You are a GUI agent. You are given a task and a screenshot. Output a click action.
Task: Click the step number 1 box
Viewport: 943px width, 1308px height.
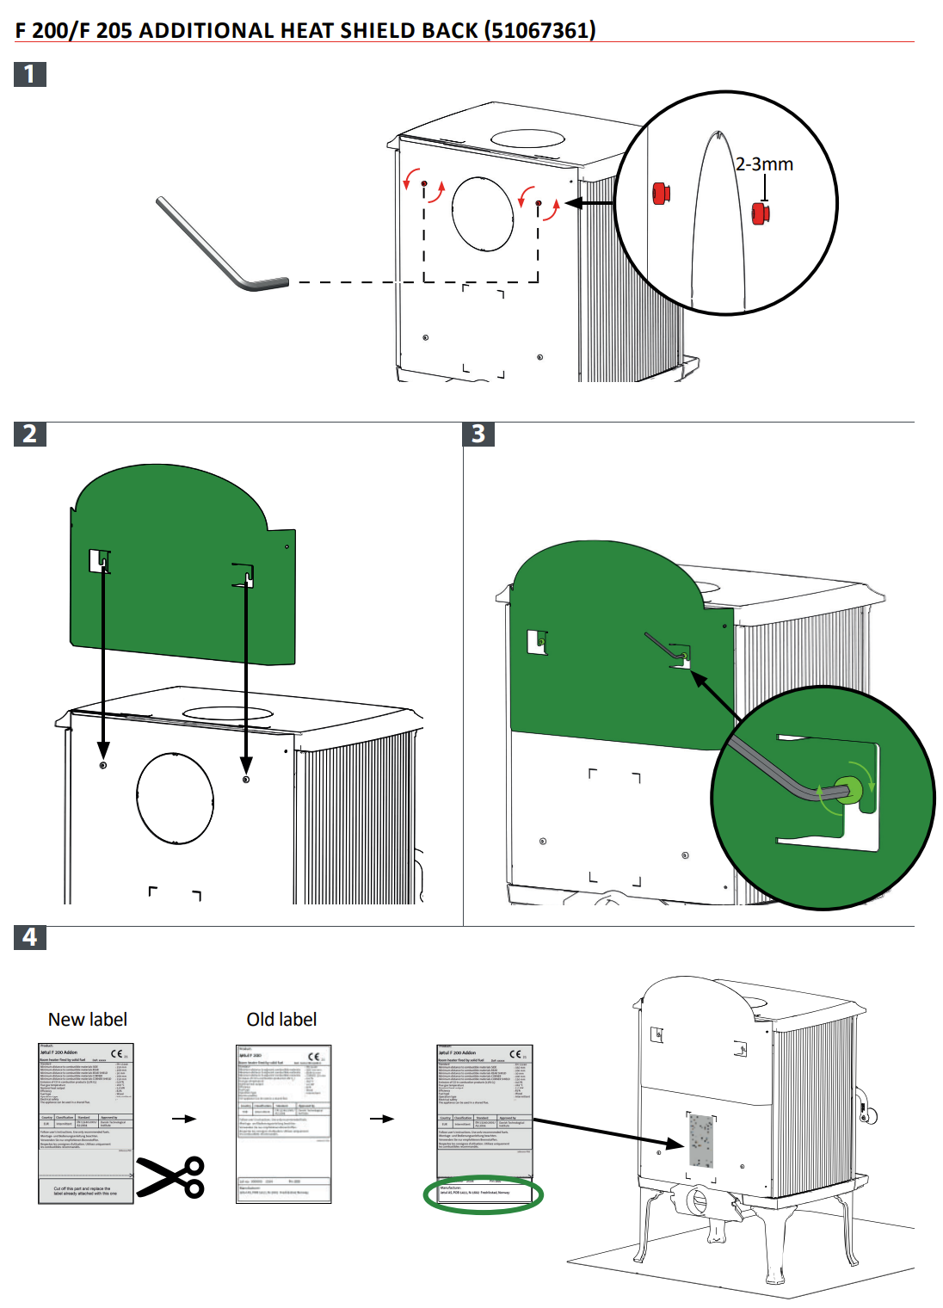(30, 74)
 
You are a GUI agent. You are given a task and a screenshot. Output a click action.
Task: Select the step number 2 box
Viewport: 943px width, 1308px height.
(30, 434)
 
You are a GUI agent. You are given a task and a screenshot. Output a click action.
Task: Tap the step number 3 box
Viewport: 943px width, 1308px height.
(478, 434)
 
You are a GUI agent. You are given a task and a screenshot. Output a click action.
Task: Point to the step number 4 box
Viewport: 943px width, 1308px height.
(30, 937)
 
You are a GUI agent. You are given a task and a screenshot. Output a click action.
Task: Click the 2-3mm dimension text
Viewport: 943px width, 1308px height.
(764, 164)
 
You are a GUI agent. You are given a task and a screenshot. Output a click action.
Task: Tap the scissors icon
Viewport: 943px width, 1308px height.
(172, 1177)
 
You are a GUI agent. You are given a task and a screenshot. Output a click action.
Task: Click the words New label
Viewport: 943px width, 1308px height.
(87, 1020)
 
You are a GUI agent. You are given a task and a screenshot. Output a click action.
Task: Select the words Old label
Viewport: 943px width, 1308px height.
(281, 1020)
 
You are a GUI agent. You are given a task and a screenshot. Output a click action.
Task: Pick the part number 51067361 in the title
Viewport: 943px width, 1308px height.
(539, 30)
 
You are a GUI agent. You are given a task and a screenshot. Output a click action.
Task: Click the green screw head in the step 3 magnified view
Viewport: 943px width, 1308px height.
(847, 789)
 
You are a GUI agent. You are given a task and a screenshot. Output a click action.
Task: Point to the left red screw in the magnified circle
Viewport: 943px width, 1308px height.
(660, 194)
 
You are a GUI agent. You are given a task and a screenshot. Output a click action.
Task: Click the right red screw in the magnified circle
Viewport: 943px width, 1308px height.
(760, 213)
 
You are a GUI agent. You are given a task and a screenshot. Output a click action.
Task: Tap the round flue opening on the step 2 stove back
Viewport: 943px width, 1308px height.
(175, 799)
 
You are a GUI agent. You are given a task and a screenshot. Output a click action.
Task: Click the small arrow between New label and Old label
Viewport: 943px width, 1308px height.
(184, 1119)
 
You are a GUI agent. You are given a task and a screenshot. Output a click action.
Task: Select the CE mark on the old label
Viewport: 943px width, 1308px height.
(314, 1057)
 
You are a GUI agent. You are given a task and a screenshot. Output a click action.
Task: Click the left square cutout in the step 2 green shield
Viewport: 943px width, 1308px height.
(99, 562)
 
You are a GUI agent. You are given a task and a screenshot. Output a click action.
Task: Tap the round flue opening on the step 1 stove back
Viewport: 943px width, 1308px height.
(483, 213)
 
